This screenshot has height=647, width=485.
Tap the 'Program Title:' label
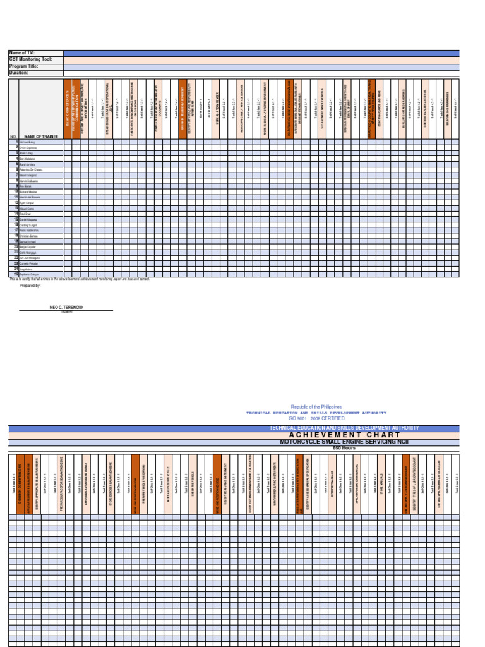point(23,66)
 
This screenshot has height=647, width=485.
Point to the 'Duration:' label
point(19,73)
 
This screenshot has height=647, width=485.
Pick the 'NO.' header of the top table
point(13,136)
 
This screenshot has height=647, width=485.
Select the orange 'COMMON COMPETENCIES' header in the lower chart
point(20,483)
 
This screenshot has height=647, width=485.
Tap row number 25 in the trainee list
point(16,274)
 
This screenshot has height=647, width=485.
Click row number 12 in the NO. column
point(16,203)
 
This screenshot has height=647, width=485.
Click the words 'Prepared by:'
point(30,286)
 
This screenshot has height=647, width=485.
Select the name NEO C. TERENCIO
point(66,306)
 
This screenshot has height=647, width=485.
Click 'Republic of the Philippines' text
point(316,407)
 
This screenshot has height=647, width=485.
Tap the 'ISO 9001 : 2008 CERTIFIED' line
point(316,418)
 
